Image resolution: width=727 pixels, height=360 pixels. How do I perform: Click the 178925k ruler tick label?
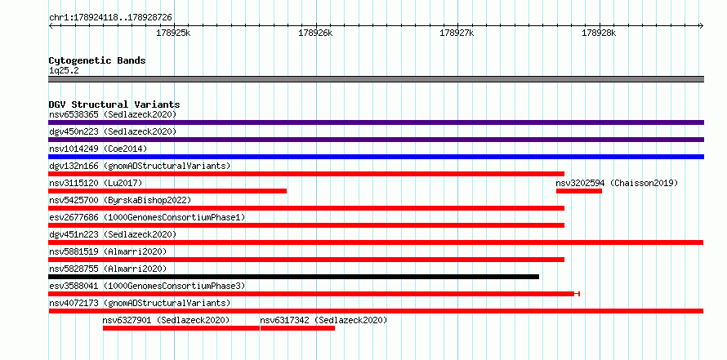pyautogui.click(x=173, y=33)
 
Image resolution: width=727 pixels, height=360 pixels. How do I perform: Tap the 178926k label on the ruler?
pyautogui.click(x=315, y=33)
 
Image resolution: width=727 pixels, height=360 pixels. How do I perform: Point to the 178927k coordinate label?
pyautogui.click(x=457, y=33)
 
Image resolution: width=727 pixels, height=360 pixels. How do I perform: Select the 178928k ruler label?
pyautogui.click(x=599, y=33)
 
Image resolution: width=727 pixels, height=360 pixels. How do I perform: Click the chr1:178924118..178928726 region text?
pyautogui.click(x=111, y=18)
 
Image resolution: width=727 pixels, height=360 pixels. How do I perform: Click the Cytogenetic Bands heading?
pyautogui.click(x=97, y=60)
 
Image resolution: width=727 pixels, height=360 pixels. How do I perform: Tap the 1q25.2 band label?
pyautogui.click(x=64, y=71)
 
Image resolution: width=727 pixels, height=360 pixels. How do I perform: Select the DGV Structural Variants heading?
pyautogui.click(x=114, y=104)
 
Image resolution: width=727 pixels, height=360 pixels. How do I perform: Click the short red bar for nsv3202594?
pyautogui.click(x=579, y=191)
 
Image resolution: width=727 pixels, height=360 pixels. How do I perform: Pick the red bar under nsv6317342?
pyautogui.click(x=297, y=328)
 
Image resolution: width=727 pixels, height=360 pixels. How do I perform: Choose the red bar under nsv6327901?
pyautogui.click(x=181, y=328)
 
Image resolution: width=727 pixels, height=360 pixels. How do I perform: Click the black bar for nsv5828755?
pyautogui.click(x=294, y=277)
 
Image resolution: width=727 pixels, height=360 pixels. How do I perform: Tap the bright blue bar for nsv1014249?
pyautogui.click(x=377, y=157)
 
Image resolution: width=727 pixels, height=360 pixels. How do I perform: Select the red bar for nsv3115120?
pyautogui.click(x=167, y=191)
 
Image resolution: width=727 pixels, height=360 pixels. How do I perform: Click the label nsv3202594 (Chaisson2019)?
pyautogui.click(x=617, y=183)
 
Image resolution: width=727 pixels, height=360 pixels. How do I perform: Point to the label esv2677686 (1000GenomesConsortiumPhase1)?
pyautogui.click(x=147, y=217)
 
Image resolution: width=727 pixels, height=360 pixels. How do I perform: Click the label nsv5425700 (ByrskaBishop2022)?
pyautogui.click(x=120, y=200)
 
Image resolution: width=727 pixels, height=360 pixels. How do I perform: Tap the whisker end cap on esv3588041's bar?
pyautogui.click(x=579, y=294)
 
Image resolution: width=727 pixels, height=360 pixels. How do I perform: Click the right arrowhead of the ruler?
pyautogui.click(x=702, y=26)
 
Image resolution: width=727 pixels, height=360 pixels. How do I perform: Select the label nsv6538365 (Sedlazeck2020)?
pyautogui.click(x=113, y=114)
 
